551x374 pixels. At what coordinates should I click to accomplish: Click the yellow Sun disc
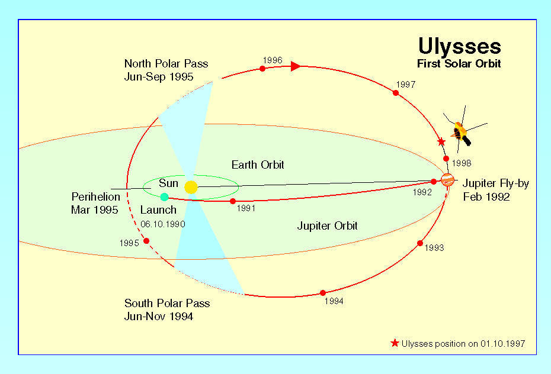pyautogui.click(x=191, y=187)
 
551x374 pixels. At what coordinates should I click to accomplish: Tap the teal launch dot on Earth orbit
pyautogui.click(x=164, y=197)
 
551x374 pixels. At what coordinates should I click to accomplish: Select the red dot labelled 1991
pyautogui.click(x=233, y=201)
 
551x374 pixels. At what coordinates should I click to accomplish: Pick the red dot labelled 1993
pyautogui.click(x=420, y=243)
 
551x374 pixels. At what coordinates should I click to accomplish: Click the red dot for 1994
pyautogui.click(x=323, y=293)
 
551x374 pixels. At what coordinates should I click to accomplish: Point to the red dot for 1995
pyautogui.click(x=146, y=241)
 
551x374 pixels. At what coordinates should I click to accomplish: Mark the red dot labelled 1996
pyautogui.click(x=262, y=69)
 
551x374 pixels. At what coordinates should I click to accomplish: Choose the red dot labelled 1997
pyautogui.click(x=396, y=93)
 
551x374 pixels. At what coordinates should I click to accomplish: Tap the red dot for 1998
pyautogui.click(x=446, y=159)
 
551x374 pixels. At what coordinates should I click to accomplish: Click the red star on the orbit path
pyautogui.click(x=441, y=142)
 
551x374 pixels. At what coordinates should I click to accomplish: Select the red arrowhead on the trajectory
pyautogui.click(x=296, y=66)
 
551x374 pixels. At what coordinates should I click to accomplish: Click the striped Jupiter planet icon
pyautogui.click(x=447, y=180)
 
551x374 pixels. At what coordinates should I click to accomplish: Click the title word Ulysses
pyautogui.click(x=459, y=47)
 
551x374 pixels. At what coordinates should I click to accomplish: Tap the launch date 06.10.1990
pyautogui.click(x=163, y=224)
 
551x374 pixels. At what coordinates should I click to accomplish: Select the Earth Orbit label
pyautogui.click(x=258, y=165)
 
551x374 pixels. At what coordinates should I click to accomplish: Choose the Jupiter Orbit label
pyautogui.click(x=327, y=225)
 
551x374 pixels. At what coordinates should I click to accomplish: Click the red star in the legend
pyautogui.click(x=395, y=343)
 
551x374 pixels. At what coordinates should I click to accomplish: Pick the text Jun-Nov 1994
pyautogui.click(x=158, y=317)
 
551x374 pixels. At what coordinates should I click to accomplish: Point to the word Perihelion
pyautogui.click(x=95, y=196)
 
